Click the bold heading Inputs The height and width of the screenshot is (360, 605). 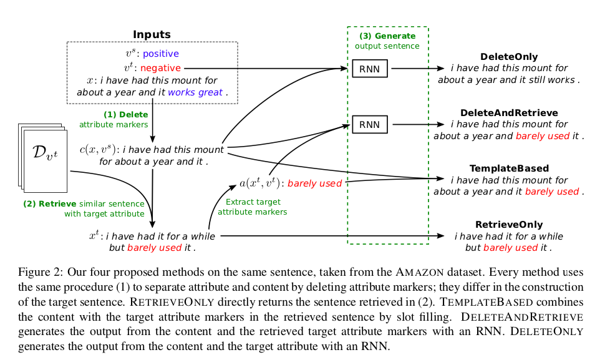[152, 34]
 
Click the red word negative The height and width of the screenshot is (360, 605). [160, 67]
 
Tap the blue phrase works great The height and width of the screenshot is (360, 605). [195, 92]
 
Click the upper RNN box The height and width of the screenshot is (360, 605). [369, 68]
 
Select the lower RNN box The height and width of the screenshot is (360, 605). [369, 125]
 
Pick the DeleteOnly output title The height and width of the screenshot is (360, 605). [509, 57]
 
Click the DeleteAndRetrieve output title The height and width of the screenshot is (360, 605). [509, 113]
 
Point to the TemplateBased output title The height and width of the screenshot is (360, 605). [509, 168]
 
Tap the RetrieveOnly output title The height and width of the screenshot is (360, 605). [509, 225]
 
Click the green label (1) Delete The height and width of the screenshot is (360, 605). [126, 114]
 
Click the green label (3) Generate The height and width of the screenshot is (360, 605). [387, 36]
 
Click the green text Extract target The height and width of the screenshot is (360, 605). [253, 202]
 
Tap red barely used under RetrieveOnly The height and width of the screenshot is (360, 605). [511, 248]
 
